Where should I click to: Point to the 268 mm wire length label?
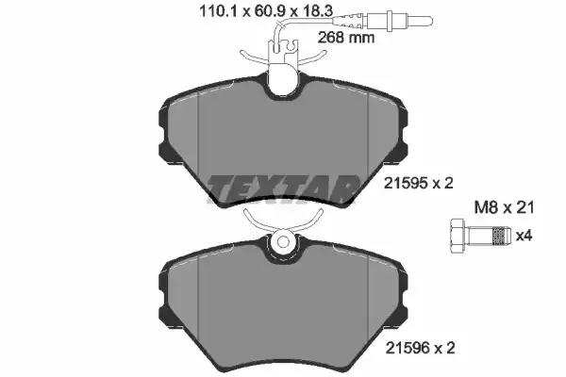click(346, 38)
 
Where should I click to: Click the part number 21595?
click(406, 184)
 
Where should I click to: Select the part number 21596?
click(408, 348)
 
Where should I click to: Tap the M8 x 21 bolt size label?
click(504, 207)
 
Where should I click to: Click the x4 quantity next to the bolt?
click(524, 237)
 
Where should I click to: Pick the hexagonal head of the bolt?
click(458, 236)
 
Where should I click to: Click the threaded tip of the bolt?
click(502, 236)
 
